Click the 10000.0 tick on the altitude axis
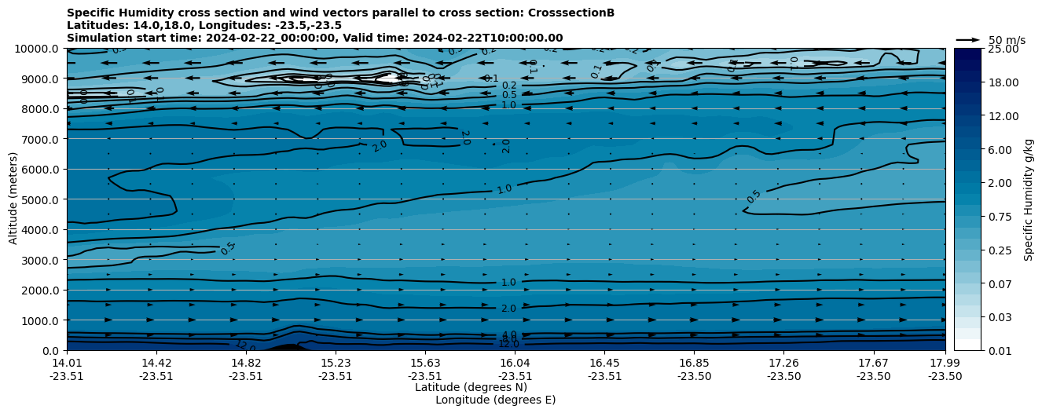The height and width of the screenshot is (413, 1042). (x=38, y=49)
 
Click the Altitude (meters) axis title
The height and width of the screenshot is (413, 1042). (x=13, y=199)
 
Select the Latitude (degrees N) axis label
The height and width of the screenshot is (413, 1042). (x=471, y=387)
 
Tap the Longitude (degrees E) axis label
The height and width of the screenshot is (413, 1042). (x=495, y=400)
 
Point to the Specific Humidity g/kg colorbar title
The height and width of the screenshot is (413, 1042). (x=1029, y=199)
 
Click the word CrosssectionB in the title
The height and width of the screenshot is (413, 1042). (x=571, y=13)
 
